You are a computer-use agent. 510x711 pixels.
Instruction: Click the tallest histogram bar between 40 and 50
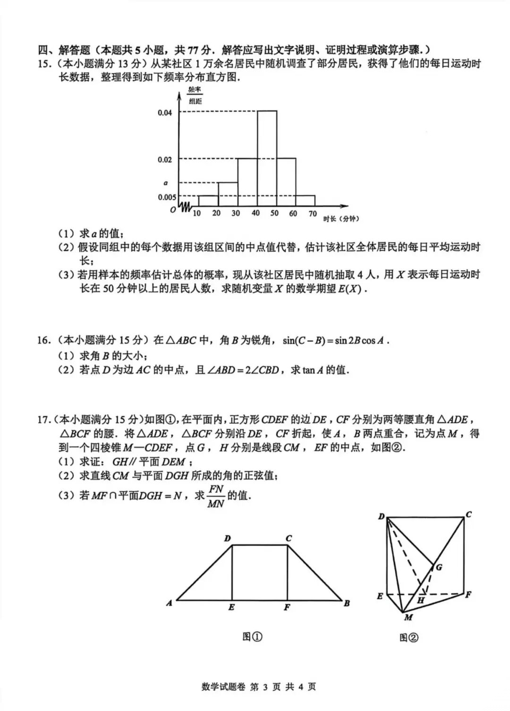(x=267, y=159)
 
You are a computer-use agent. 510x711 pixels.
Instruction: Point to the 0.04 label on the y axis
(x=165, y=113)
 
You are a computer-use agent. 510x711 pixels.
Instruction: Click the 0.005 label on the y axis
(x=167, y=197)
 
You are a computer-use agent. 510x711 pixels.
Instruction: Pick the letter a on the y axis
(x=165, y=183)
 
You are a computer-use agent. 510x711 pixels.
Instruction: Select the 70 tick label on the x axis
(x=313, y=214)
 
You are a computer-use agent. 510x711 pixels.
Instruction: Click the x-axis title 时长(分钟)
(x=341, y=219)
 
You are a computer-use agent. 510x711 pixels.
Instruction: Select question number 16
(x=44, y=340)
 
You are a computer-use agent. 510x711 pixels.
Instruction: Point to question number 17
(x=44, y=420)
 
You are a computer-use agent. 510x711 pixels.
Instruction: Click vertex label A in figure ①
(x=169, y=603)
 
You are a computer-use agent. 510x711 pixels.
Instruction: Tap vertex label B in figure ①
(x=347, y=603)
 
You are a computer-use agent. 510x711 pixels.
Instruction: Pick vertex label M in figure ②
(x=408, y=617)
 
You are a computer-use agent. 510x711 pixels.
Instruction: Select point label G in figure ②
(x=439, y=567)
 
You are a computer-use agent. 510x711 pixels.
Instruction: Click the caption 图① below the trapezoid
(x=252, y=637)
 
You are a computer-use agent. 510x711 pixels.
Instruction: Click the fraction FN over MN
(x=216, y=496)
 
